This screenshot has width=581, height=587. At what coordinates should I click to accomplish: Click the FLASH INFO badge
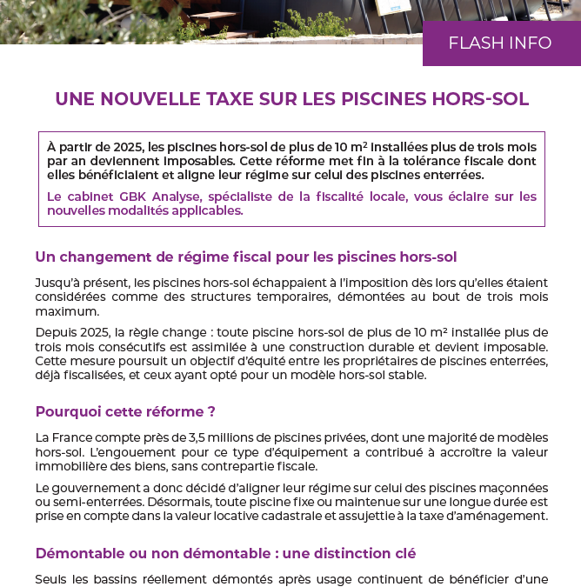(x=500, y=43)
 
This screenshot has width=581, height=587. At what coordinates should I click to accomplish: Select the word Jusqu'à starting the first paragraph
(x=58, y=283)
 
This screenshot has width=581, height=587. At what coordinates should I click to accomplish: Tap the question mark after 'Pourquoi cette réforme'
(x=211, y=411)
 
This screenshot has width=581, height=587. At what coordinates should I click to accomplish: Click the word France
(x=75, y=437)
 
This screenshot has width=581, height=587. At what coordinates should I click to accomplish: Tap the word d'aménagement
(x=499, y=516)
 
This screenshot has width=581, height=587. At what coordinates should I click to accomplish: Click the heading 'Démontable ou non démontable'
(x=225, y=553)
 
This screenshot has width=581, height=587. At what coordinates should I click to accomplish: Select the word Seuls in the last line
(x=51, y=578)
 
